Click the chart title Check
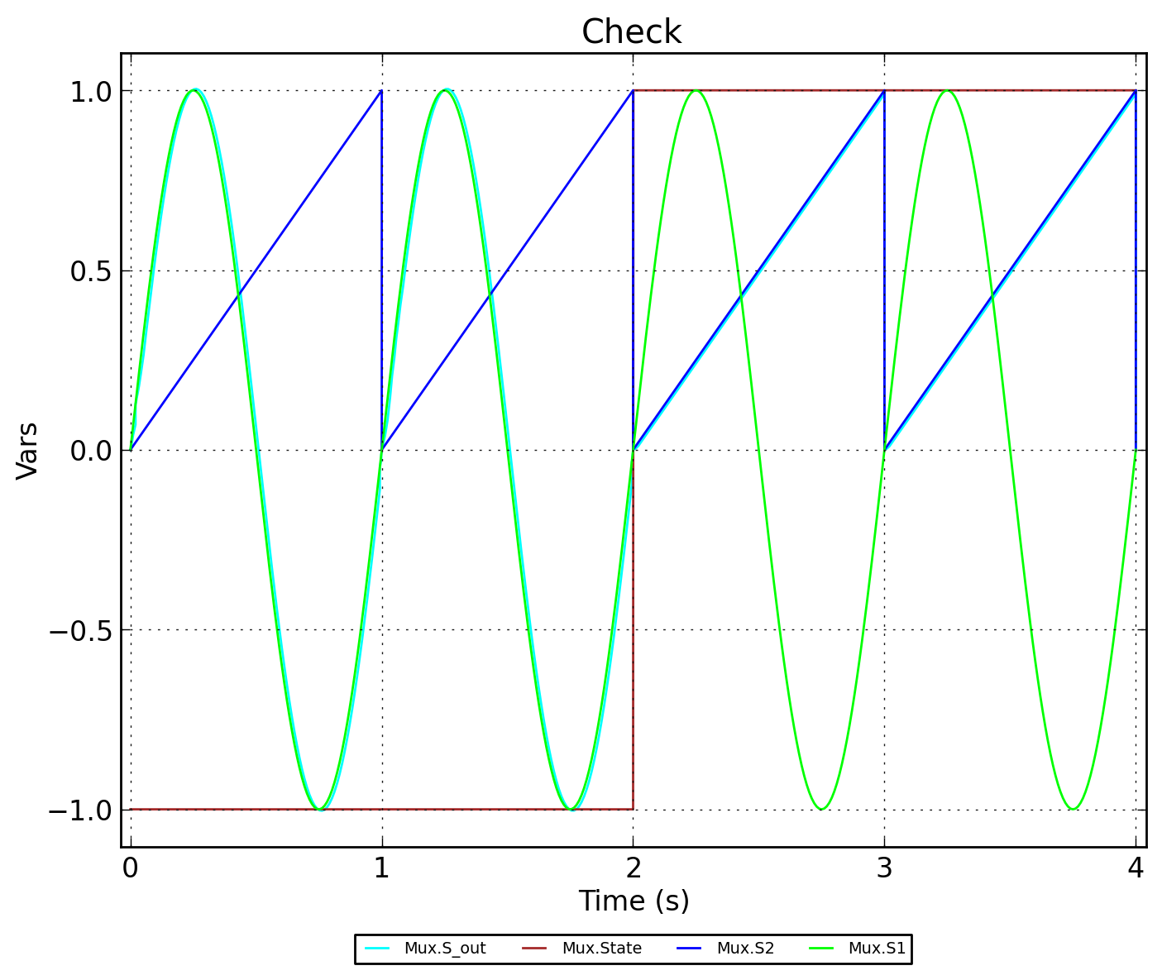631,33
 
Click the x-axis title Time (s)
634,901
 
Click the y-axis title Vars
27,450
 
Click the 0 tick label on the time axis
130,868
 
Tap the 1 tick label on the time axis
381,868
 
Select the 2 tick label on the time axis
633,868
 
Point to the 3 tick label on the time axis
884,868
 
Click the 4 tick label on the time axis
1136,868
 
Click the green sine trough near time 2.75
821,809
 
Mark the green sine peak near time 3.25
947,91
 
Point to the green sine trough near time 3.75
1073,809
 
